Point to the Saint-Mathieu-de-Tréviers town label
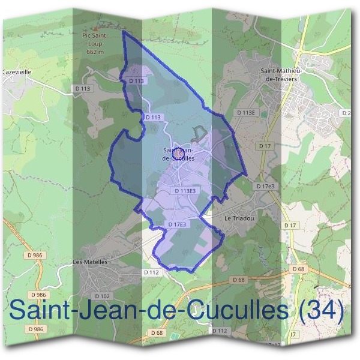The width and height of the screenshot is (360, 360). click(x=281, y=74)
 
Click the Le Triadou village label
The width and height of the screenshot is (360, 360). click(x=239, y=219)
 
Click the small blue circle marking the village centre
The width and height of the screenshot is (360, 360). click(x=178, y=155)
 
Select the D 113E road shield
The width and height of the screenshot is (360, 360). click(x=246, y=112)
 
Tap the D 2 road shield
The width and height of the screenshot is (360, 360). click(x=346, y=113)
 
